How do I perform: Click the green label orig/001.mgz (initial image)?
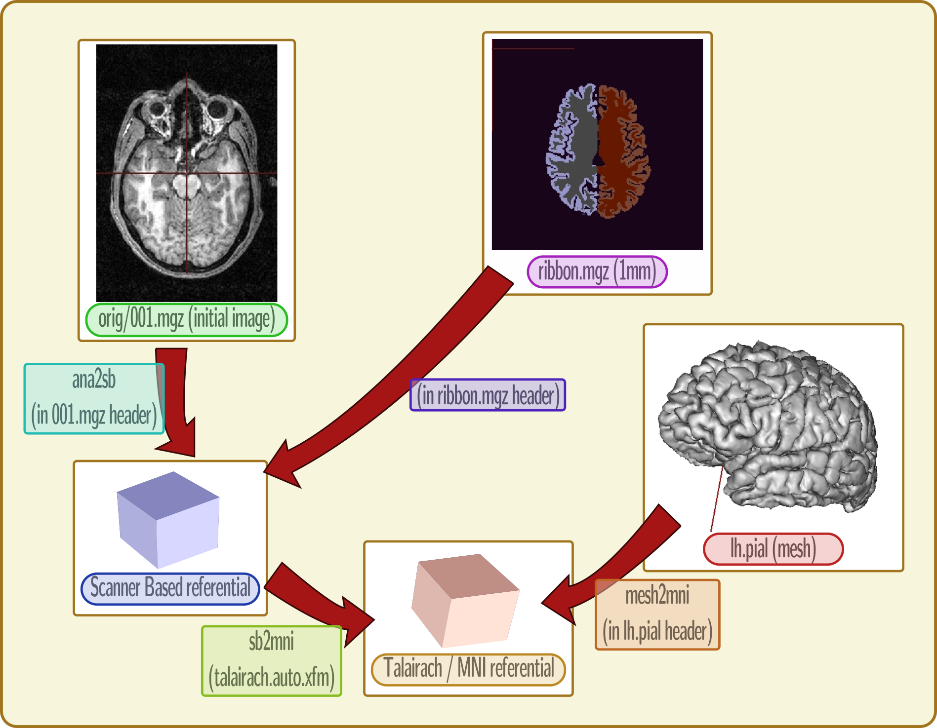point(186,320)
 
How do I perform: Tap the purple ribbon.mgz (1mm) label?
point(597,272)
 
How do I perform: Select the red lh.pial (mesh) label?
point(773,549)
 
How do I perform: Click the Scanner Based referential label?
point(170,588)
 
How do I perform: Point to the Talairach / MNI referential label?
point(468,669)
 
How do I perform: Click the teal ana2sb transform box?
point(94,398)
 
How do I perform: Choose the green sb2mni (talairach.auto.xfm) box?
point(271,661)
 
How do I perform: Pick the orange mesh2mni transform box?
point(657,614)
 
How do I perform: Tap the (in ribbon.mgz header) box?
point(488,395)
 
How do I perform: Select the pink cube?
point(464,600)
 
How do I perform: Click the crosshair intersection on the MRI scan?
point(187,173)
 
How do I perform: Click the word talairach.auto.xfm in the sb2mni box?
point(271,677)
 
